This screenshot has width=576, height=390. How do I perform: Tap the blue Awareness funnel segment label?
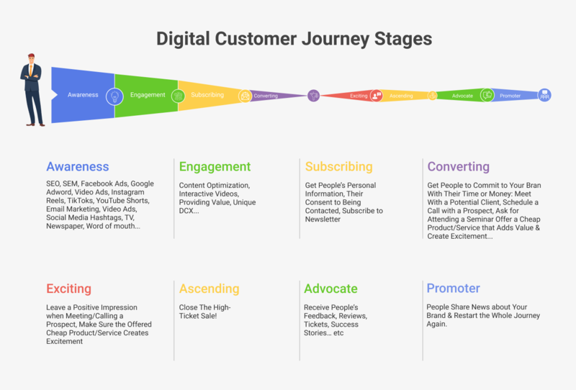[x=83, y=95]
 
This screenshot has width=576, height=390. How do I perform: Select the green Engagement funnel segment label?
[x=148, y=95]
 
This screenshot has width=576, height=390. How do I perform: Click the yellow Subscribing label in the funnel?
[x=207, y=95]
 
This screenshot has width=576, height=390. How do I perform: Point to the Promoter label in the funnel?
[x=510, y=96]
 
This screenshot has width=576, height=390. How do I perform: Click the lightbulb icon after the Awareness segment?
[x=114, y=96]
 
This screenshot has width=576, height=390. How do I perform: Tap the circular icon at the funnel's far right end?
[x=545, y=95]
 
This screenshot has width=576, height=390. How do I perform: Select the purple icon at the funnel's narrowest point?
[x=313, y=95]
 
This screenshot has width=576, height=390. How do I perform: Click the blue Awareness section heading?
[x=77, y=167]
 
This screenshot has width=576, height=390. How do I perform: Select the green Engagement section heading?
[x=215, y=167]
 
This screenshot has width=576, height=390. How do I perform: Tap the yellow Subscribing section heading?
[x=338, y=167]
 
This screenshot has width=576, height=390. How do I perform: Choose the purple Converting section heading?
[x=458, y=167]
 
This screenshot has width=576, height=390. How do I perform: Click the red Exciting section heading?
[x=68, y=289]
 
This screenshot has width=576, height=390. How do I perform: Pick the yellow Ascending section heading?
[x=209, y=289]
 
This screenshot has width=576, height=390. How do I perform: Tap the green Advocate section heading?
[x=330, y=289]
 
